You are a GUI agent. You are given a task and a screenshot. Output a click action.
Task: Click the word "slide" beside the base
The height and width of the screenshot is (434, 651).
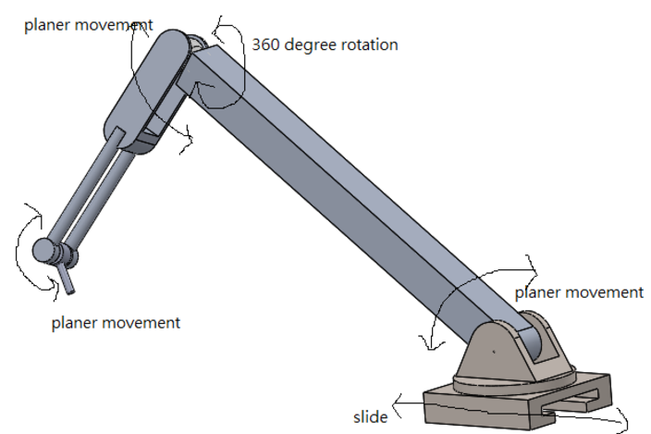[370, 416]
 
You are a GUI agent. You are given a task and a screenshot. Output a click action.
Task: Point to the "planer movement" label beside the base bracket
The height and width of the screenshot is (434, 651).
[579, 292]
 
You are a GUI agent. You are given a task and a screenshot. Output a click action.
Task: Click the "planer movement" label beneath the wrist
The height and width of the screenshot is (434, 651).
[116, 323]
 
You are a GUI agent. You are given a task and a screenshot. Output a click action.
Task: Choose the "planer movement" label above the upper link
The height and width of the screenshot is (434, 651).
[89, 25]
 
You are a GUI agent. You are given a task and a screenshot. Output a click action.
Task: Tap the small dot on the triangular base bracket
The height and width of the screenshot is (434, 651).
[495, 352]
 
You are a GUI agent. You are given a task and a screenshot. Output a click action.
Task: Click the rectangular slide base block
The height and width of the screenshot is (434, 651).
[481, 407]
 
